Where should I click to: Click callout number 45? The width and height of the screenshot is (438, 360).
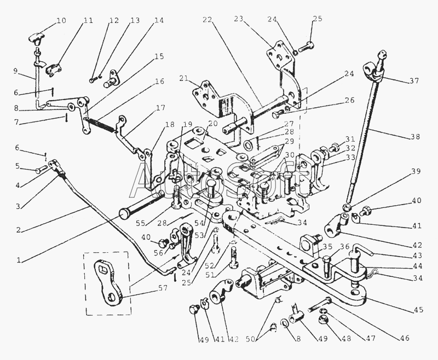pyautogui.click(x=418, y=310)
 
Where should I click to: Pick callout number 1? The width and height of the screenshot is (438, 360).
pyautogui.click(x=20, y=260)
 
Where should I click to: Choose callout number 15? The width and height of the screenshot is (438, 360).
pyautogui.click(x=159, y=57)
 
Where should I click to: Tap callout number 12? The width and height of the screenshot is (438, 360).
pyautogui.click(x=114, y=21)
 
